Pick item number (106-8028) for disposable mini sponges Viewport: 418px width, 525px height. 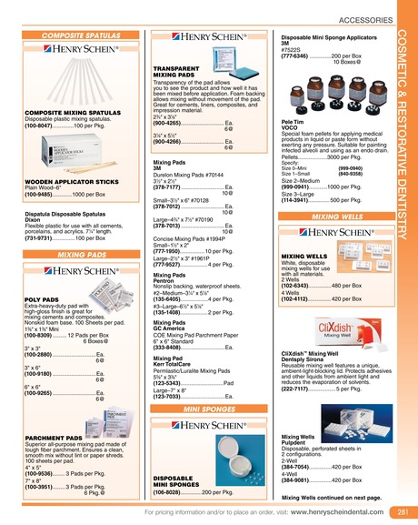pos(173,491)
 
